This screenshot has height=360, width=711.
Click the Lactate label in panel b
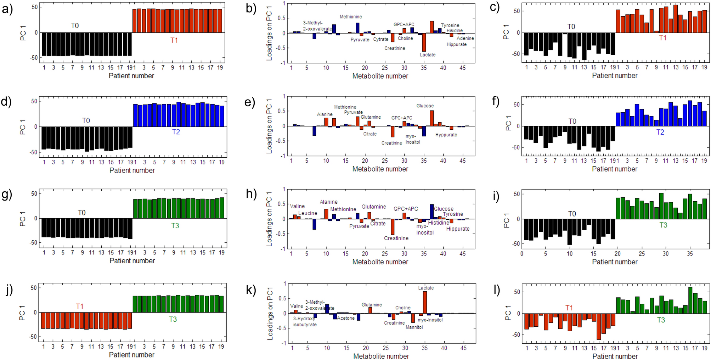coord(428,55)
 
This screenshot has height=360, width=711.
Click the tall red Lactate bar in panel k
coord(425,302)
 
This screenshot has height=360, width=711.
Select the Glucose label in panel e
coord(425,106)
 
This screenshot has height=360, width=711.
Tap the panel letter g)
coord(7,194)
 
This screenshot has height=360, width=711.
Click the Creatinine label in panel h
coord(396,238)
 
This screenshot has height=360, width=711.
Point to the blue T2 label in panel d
coord(176,132)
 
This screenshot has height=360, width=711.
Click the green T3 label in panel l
coord(661,320)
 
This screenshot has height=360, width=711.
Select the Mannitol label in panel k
coord(414,327)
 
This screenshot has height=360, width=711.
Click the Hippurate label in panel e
coord(446,135)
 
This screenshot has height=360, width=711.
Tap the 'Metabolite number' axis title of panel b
coord(380,76)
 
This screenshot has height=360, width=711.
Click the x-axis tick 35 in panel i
coord(689,254)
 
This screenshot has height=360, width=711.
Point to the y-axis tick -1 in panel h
coord(283,249)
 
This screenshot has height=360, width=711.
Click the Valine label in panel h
coord(297,206)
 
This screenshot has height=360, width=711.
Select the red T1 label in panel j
coord(79,306)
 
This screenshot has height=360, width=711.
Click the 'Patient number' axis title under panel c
coord(614,75)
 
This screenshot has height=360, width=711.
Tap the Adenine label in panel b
coord(465,38)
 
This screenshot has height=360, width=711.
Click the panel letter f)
coord(495,102)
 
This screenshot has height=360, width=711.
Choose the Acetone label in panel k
coord(345,318)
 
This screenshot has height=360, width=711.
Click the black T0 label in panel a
coord(75,26)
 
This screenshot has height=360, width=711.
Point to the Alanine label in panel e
coord(325,114)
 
